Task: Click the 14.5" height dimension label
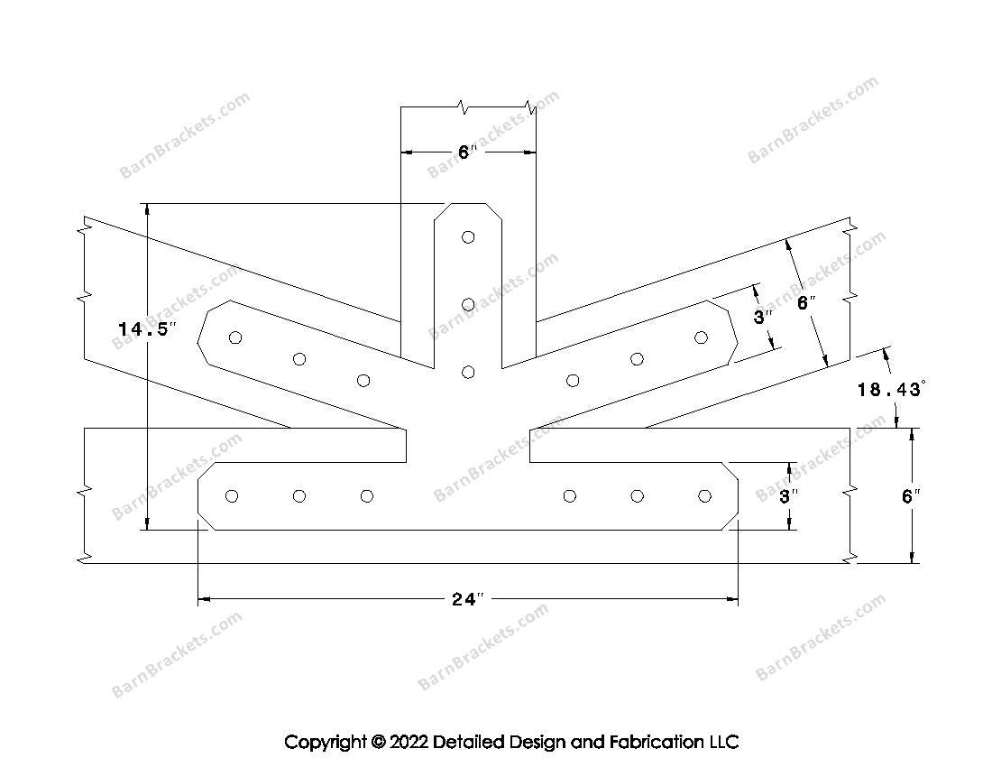(145, 329)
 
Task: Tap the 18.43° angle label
(891, 389)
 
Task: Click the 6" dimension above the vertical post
(466, 152)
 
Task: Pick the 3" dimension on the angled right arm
(763, 317)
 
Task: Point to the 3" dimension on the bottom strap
(788, 496)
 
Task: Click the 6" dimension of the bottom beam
(911, 496)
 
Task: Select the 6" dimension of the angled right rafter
(805, 303)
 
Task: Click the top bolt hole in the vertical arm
(468, 237)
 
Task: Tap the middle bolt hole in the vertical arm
(468, 305)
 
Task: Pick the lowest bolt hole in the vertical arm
(468, 372)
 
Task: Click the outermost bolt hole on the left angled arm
(235, 338)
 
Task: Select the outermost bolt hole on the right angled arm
(701, 338)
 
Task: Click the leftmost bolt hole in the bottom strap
(232, 496)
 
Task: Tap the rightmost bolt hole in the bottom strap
(705, 496)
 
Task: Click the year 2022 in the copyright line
(409, 742)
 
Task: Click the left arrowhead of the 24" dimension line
(204, 598)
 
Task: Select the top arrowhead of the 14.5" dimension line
(147, 208)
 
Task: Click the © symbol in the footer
(379, 742)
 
